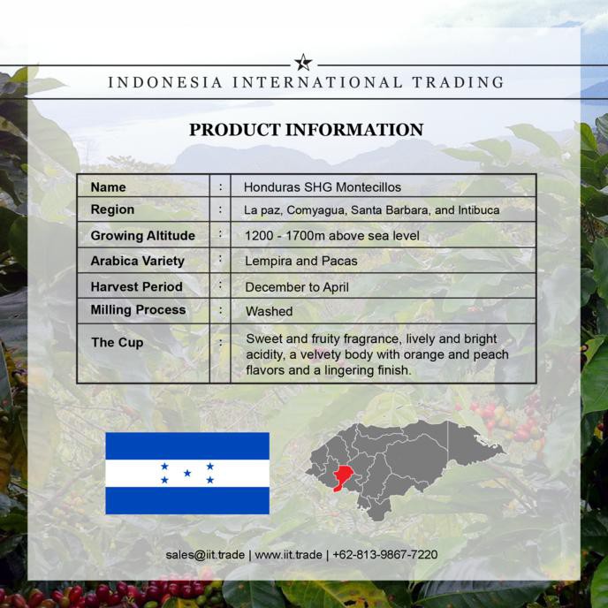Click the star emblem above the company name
point(303,63)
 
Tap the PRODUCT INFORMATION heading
point(307,130)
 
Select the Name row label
point(109,187)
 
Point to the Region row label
point(113,209)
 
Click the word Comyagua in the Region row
point(315,210)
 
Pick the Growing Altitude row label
point(143,235)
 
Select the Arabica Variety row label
point(138,261)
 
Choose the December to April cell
point(297,287)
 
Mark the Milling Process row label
point(138,310)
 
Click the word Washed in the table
point(269,312)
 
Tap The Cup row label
point(118,342)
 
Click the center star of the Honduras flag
point(187,473)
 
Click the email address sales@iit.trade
point(206,555)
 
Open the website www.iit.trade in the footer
point(289,555)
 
